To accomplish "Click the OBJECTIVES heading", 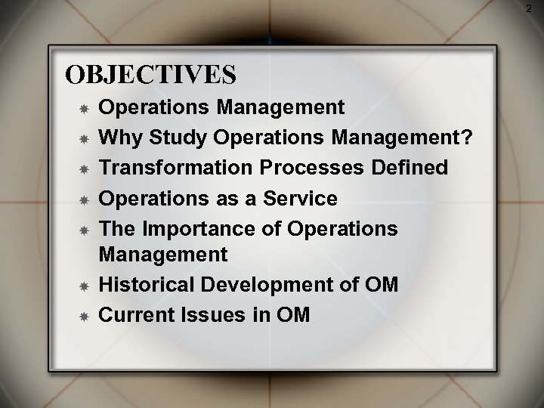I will pyautogui.click(x=150, y=75).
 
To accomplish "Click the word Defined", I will pyautogui.click(x=414, y=166).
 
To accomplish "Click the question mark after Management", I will pyautogui.click(x=468, y=138).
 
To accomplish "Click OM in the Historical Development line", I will pyautogui.click(x=383, y=285).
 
